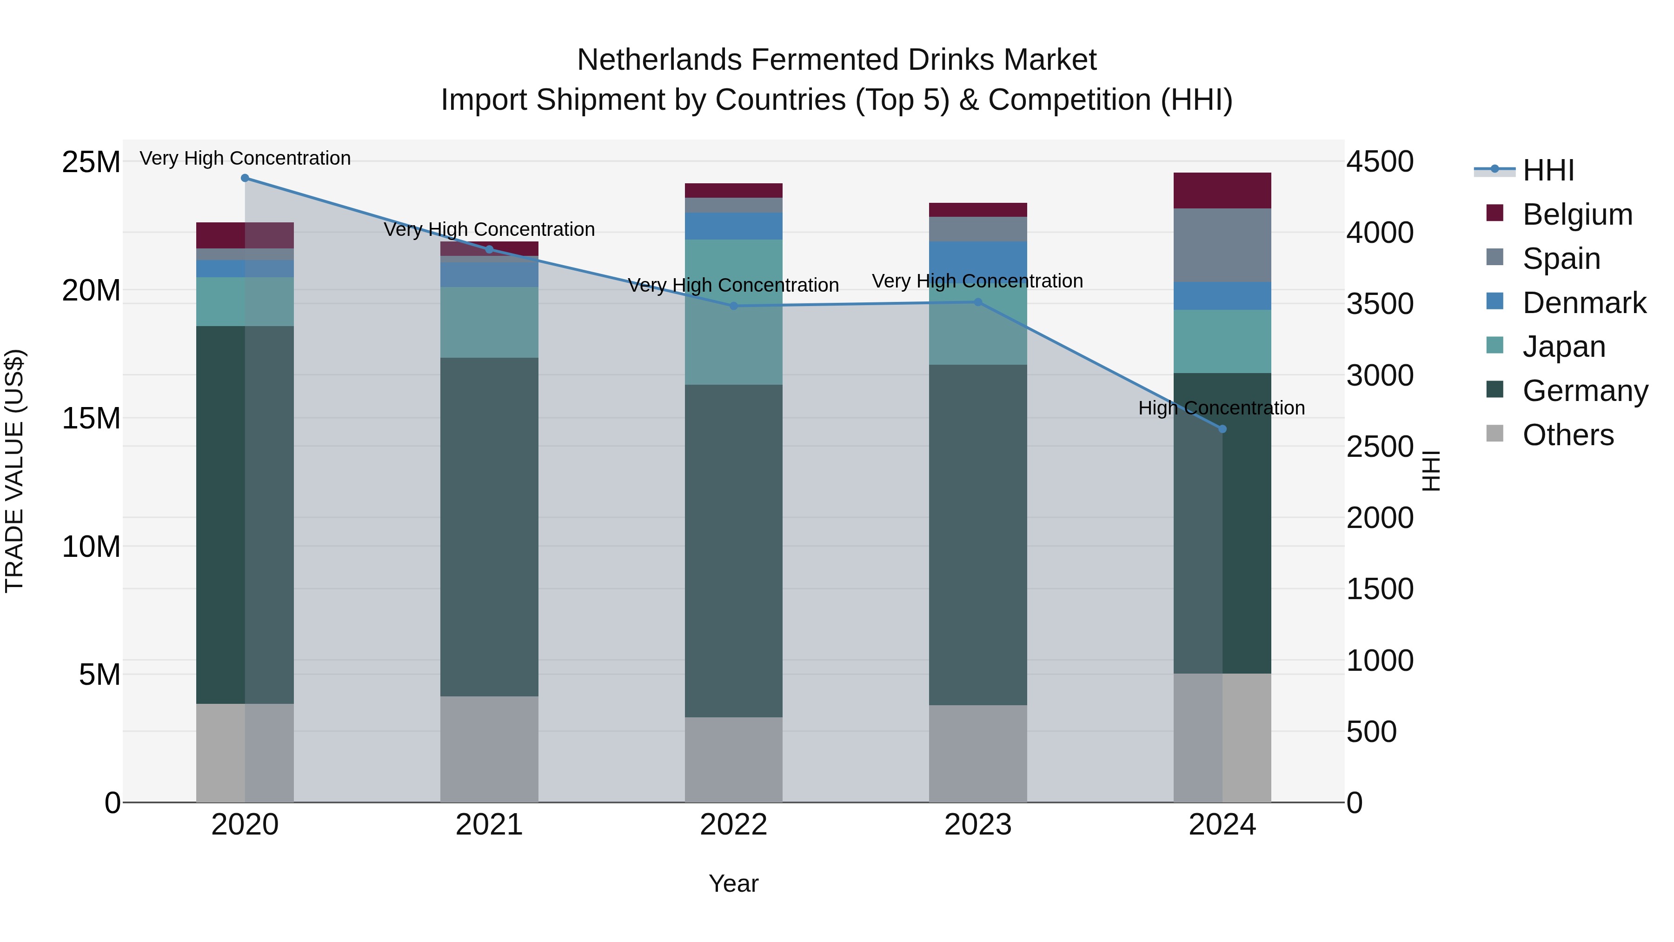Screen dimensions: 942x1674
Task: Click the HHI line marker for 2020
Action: [x=245, y=178]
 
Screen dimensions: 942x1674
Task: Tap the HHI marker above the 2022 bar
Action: [x=734, y=306]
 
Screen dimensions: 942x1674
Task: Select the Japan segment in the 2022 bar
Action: [x=734, y=312]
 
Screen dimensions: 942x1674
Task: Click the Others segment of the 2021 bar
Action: [x=489, y=749]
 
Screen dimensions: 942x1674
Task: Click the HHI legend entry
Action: [x=1548, y=170]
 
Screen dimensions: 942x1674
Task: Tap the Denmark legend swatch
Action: [x=1495, y=301]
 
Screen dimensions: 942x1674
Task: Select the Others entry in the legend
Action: [x=1568, y=435]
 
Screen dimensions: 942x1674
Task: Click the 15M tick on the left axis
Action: [x=91, y=419]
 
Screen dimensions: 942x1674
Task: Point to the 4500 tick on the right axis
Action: [x=1379, y=162]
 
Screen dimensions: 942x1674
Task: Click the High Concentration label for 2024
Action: [x=1221, y=408]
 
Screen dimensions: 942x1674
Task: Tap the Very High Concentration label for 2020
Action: [x=245, y=159]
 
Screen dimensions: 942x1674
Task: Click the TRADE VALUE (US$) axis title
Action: [x=14, y=471]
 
